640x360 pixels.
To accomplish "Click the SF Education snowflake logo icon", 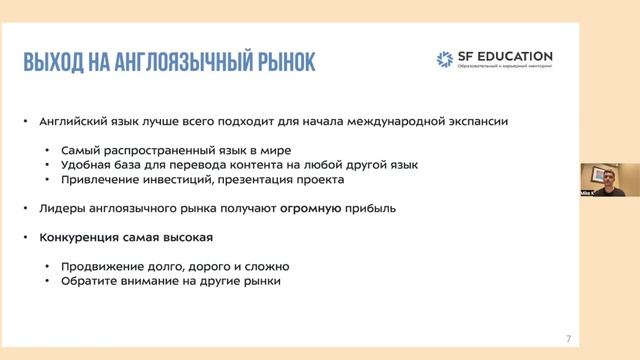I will click(x=443, y=59).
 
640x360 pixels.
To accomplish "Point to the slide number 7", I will click(x=568, y=338).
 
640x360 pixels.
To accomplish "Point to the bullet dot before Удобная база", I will click(x=49, y=165).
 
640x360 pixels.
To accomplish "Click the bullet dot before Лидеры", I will click(x=26, y=209).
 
